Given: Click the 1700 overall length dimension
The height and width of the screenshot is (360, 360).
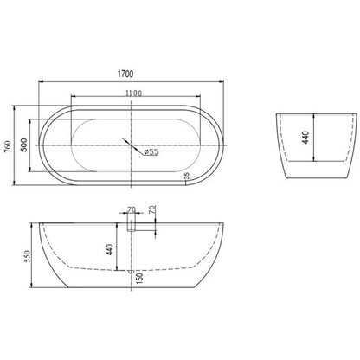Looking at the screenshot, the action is point(125,74).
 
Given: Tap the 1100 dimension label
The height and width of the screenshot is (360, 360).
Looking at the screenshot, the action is point(134,93).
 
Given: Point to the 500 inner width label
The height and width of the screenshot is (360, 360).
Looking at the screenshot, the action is point(24,145).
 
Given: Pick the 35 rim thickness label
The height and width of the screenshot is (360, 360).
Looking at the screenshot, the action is point(186,176).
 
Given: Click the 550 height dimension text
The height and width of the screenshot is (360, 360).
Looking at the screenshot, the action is point(27,256).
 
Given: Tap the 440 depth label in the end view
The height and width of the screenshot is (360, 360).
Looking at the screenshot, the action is point(305,138).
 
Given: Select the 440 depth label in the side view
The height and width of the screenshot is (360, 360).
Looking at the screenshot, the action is point(109,249).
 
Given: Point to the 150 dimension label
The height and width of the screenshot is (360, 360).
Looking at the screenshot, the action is point(139,279).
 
